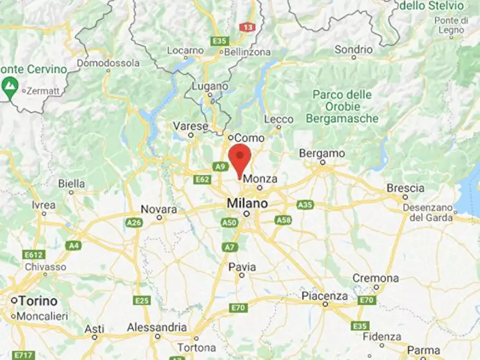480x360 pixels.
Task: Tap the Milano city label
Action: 247,204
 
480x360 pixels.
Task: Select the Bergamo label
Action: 322,153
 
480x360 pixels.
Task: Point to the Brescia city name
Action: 405,188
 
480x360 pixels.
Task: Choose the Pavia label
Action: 242,267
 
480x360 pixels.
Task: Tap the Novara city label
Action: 159,209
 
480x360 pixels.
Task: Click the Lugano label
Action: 210,86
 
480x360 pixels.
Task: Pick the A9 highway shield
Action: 219,167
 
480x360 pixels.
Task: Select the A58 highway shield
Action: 283,220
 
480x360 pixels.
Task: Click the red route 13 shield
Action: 248,27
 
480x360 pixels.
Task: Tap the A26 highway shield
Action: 134,222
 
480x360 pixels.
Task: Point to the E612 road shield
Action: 34,254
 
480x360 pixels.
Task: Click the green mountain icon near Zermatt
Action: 9,85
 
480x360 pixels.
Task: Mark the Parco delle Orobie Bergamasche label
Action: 342,106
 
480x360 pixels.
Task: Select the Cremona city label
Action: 376,278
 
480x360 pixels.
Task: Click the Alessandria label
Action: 157,327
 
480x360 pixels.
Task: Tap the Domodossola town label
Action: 108,63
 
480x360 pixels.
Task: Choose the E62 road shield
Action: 203,179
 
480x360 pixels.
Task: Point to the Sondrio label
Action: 353,49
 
